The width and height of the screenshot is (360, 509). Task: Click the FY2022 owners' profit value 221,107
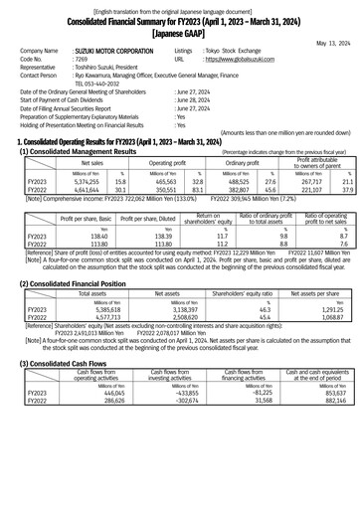(314, 191)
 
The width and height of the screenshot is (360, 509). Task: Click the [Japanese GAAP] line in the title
(180, 32)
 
